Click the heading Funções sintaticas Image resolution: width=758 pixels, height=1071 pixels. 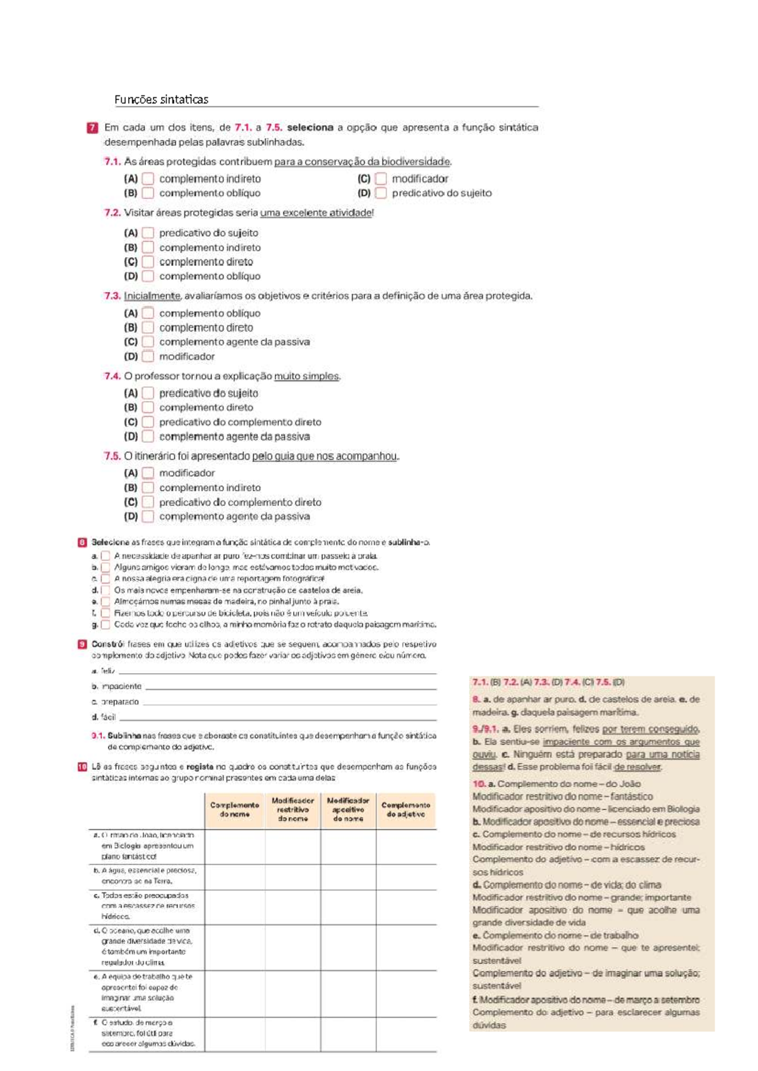click(x=161, y=99)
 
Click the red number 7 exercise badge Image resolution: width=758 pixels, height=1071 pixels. click(x=92, y=128)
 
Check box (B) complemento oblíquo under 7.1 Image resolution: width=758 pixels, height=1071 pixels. click(x=148, y=193)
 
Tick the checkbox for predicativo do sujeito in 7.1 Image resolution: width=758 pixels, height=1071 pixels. click(x=380, y=193)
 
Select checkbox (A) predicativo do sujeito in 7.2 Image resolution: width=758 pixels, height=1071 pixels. click(x=148, y=233)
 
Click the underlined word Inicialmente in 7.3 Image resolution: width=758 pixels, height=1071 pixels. click(x=152, y=296)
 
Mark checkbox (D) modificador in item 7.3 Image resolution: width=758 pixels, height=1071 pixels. click(x=148, y=356)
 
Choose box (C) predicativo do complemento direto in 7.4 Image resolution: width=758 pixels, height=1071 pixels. click(x=148, y=422)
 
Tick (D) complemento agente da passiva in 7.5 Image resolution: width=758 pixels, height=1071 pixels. click(x=148, y=517)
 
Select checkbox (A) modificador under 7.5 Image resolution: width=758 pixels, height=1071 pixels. click(x=148, y=473)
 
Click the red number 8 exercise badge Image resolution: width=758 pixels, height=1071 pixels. click(x=82, y=542)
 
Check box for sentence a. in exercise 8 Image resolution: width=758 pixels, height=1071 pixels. click(x=105, y=556)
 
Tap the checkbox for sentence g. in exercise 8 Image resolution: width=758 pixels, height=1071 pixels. click(x=105, y=625)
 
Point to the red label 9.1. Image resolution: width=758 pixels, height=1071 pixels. click(x=97, y=736)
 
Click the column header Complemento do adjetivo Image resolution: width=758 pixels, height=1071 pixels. click(x=406, y=810)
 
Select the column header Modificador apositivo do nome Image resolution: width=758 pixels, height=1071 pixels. click(x=348, y=810)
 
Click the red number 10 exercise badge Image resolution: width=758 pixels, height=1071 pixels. click(x=82, y=767)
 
